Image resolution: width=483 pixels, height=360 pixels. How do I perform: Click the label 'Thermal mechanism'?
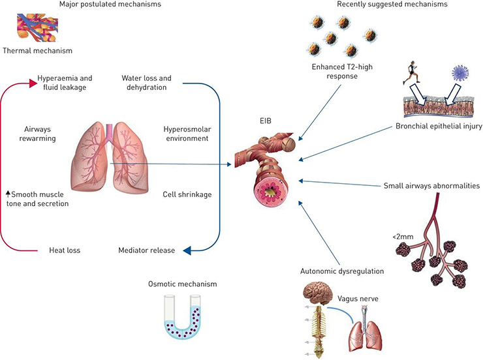pos(37,50)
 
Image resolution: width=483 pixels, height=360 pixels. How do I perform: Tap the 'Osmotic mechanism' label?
pos(181,284)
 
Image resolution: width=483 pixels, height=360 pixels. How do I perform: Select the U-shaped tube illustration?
pos(182,316)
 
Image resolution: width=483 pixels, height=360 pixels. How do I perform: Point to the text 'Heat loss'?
pos(65,250)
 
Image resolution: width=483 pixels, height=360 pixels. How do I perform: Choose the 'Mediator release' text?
pos(146,250)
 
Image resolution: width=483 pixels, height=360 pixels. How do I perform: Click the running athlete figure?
pos(414,74)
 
